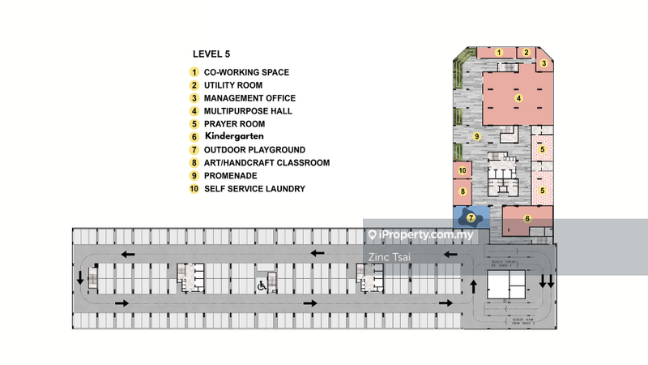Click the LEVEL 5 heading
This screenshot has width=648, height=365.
click(x=211, y=54)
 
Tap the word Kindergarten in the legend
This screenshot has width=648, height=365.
click(x=234, y=137)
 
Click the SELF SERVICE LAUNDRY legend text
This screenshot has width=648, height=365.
click(x=254, y=189)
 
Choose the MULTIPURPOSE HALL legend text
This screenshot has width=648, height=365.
click(x=248, y=111)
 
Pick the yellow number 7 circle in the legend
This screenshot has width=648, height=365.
click(x=194, y=150)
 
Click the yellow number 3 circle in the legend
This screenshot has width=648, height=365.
click(x=194, y=98)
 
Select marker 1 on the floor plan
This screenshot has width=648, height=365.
click(x=500, y=53)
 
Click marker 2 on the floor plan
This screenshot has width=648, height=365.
click(x=526, y=53)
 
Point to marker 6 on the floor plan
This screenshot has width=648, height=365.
click(x=527, y=218)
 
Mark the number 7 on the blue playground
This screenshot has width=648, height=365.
click(x=471, y=218)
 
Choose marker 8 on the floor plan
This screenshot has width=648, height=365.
click(x=463, y=192)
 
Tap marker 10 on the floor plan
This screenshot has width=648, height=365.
click(x=462, y=170)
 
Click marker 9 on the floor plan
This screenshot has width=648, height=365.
click(x=477, y=136)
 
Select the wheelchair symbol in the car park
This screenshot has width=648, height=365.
click(x=262, y=286)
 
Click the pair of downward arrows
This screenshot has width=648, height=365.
click(x=548, y=281)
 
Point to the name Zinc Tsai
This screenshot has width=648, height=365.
click(x=390, y=256)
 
